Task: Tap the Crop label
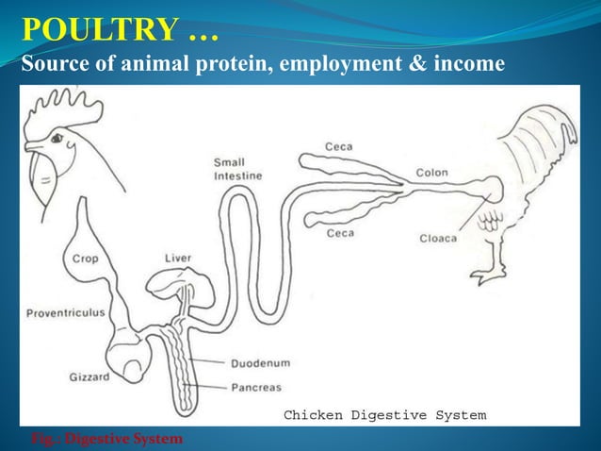85,258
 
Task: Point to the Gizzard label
89,376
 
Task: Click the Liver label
178,258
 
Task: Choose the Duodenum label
260,362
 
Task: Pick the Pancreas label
256,387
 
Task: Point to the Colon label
432,173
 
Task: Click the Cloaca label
438,238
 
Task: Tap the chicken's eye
57,139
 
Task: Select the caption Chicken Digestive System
384,415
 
